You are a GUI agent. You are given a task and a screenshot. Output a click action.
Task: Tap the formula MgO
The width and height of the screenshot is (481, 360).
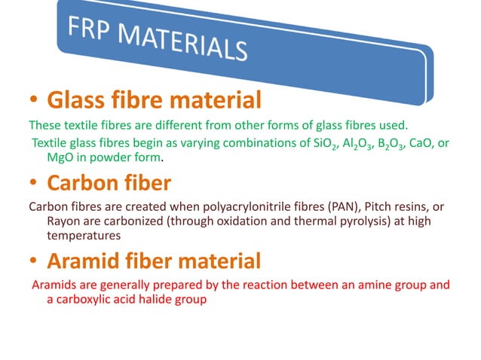tap(61, 159)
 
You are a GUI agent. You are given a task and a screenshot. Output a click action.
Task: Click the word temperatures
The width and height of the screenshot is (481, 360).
tap(81, 235)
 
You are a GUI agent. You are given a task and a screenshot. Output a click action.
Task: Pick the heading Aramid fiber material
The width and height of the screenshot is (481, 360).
tap(155, 261)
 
